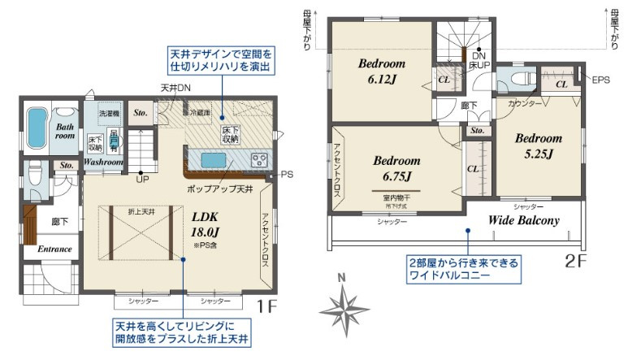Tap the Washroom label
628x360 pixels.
(102, 163)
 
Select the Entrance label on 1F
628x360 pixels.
(54, 249)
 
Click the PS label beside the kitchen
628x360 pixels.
(286, 174)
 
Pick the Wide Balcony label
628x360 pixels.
(523, 220)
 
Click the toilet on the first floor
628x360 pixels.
(33, 174)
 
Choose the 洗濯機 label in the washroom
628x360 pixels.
(109, 114)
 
